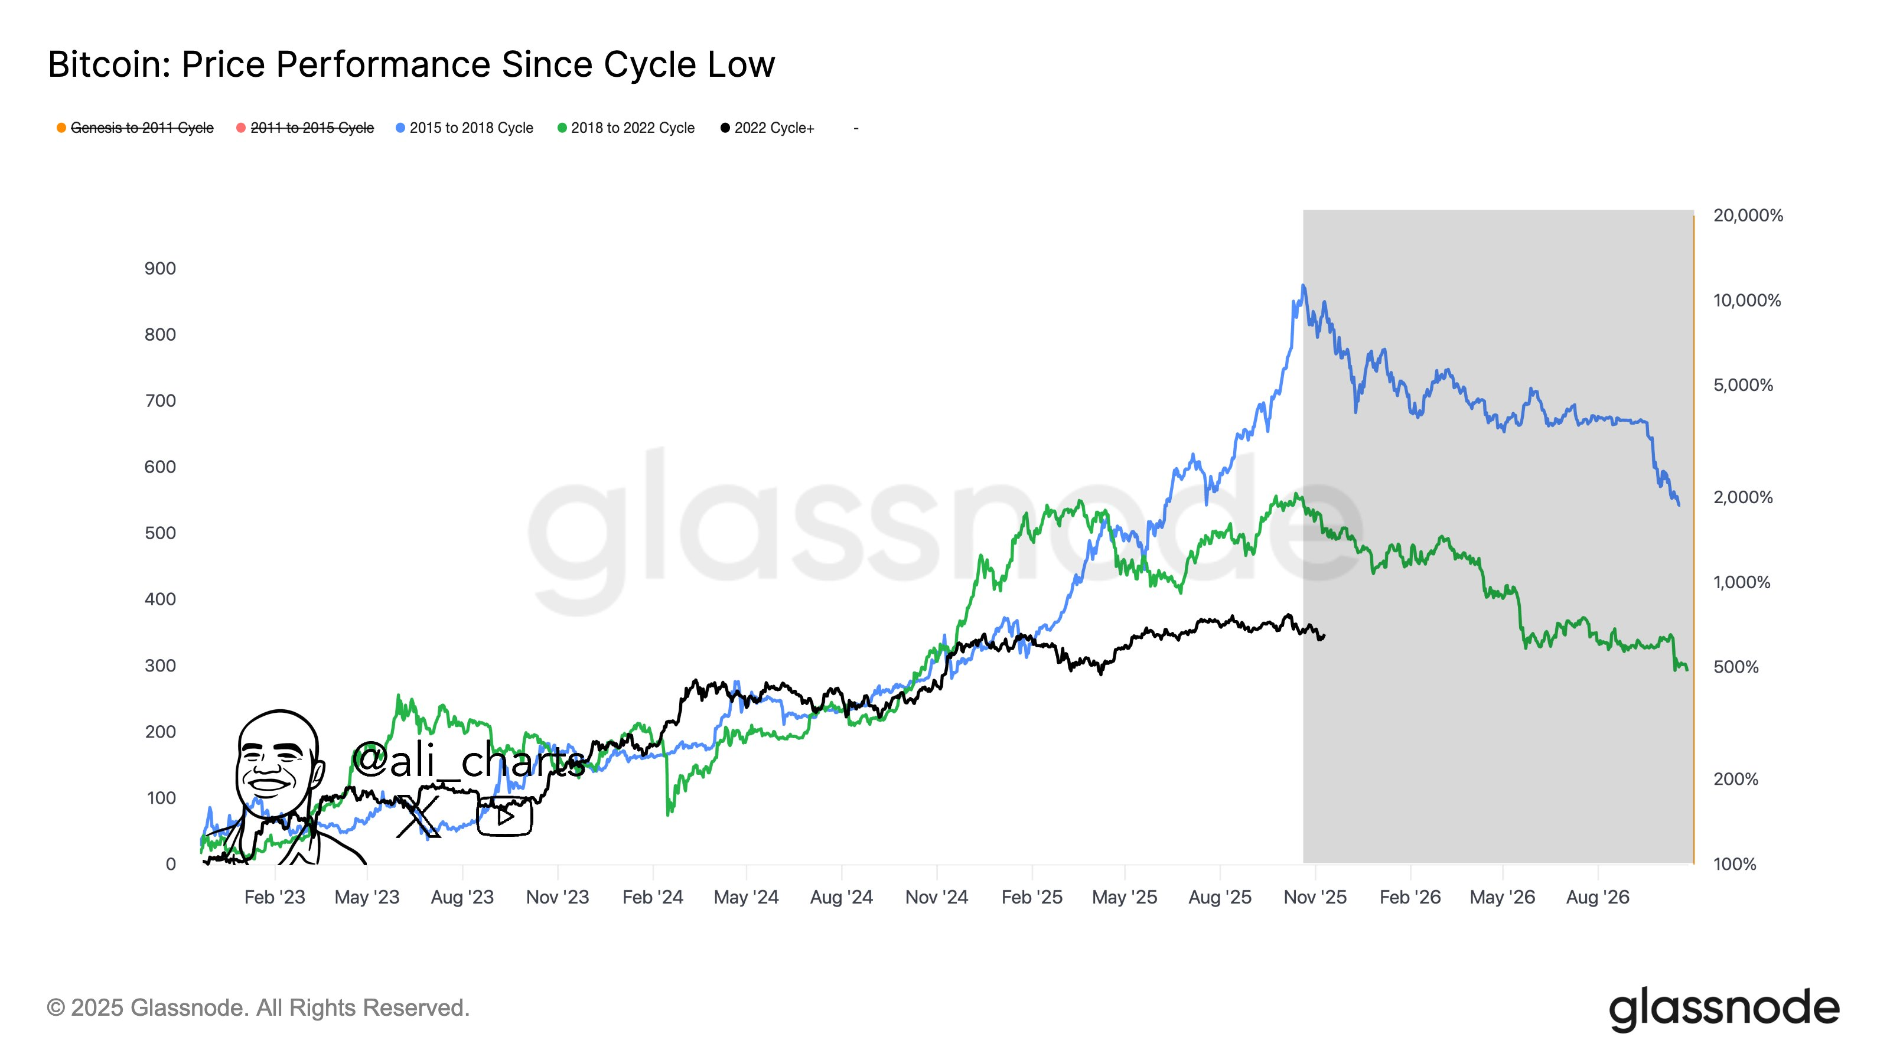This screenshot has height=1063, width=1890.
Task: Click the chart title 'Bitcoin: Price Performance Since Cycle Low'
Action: tap(411, 64)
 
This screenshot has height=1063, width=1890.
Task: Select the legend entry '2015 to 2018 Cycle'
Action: tap(470, 128)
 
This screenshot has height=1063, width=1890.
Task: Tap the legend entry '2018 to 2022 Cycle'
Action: tap(632, 128)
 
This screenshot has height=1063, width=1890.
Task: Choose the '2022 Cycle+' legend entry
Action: tap(773, 128)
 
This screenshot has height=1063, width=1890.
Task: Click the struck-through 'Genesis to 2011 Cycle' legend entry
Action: tap(142, 128)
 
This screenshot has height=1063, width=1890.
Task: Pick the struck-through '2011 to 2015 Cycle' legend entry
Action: tap(312, 128)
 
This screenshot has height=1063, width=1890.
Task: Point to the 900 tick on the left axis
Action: tap(160, 269)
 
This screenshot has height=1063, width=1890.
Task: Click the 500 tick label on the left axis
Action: tap(160, 533)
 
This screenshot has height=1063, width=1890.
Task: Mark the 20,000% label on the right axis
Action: tap(1748, 216)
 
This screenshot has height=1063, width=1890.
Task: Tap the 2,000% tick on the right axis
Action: tap(1742, 497)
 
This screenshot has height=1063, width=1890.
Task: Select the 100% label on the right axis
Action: tap(1735, 864)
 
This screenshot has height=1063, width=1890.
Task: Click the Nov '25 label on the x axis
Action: tap(1315, 897)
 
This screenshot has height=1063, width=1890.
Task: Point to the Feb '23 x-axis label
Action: tap(275, 897)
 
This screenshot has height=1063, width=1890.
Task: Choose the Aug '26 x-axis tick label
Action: tap(1597, 897)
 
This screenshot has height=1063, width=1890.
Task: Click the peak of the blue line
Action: tap(1303, 285)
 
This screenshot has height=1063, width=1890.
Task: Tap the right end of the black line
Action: tap(1324, 636)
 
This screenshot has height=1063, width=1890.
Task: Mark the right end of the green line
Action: tap(1687, 669)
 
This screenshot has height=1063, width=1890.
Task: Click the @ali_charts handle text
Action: tap(469, 760)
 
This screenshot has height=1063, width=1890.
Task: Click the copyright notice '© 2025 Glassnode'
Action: tap(258, 1008)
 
